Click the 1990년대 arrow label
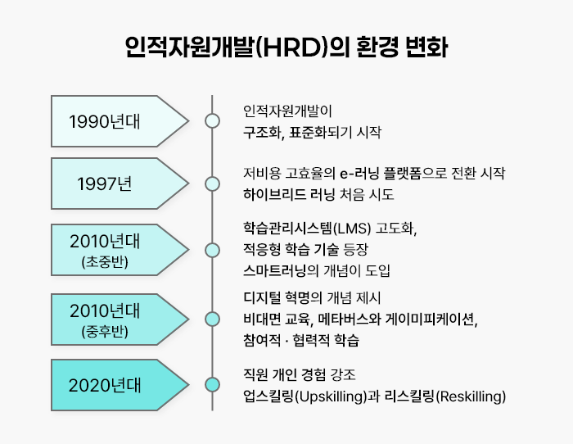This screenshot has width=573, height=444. [105, 121]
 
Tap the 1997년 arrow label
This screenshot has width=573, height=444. [105, 183]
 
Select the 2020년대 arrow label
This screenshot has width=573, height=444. [105, 384]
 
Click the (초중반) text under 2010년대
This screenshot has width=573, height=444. [105, 263]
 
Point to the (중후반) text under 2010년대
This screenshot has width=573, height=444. [105, 332]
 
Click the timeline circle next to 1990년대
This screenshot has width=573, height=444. [213, 121]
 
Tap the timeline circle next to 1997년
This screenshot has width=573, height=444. [213, 183]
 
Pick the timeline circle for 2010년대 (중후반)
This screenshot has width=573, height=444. [213, 318]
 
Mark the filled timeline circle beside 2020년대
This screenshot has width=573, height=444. [213, 384]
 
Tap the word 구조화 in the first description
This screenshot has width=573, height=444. [262, 131]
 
